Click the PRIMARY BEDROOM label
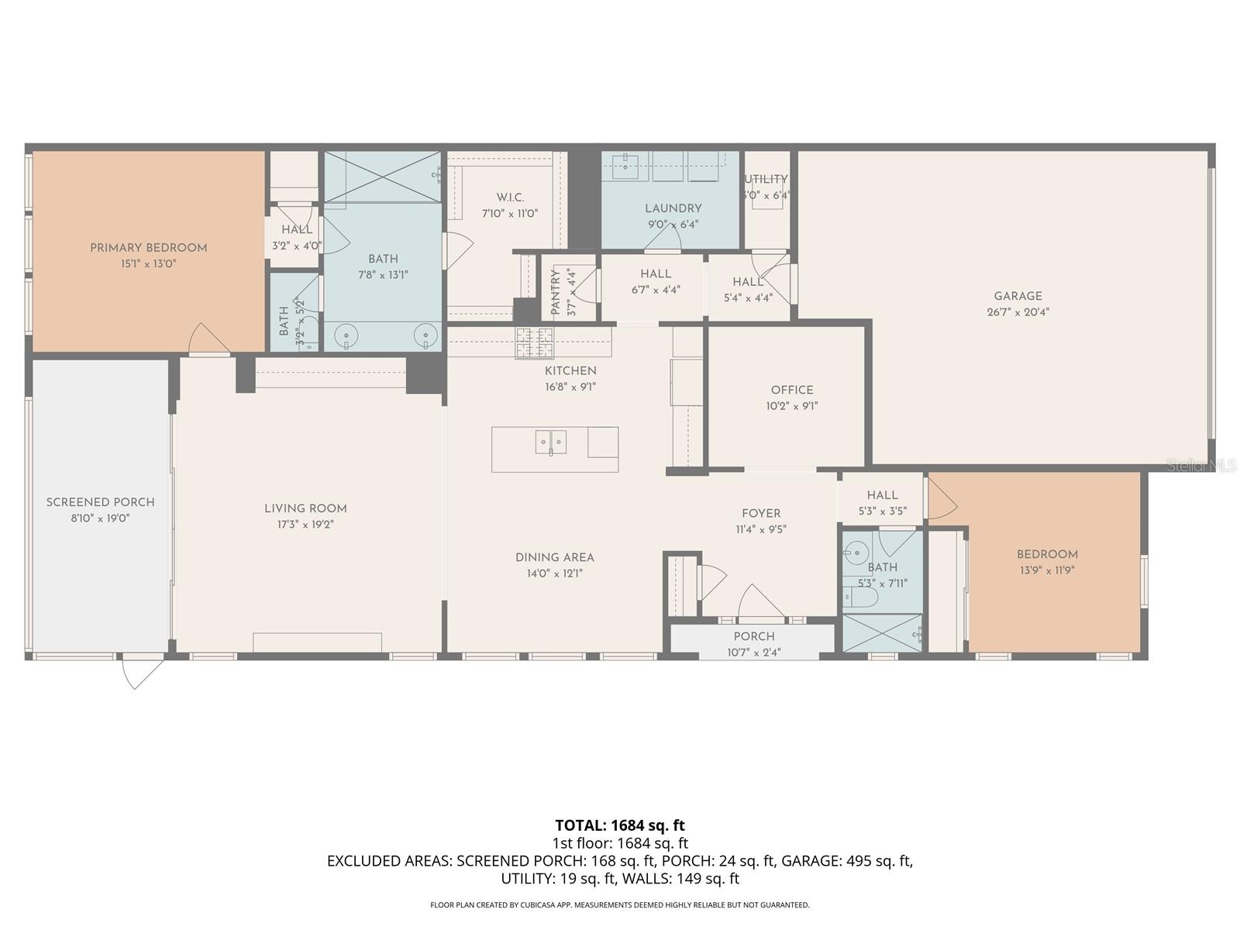coord(148,248)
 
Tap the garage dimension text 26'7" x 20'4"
coord(1018,312)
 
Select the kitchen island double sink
coord(550,442)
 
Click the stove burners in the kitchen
coord(535,343)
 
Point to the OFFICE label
coord(791,390)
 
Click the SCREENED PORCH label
coord(100,502)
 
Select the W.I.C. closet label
coord(510,198)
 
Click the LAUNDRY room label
coord(673,208)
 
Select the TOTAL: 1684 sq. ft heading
coord(620,825)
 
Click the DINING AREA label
coord(554,557)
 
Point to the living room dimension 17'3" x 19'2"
coord(305,525)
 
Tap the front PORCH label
coord(753,636)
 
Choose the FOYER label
coord(760,513)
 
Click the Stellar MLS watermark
coord(1200,466)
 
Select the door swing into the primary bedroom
coord(206,339)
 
